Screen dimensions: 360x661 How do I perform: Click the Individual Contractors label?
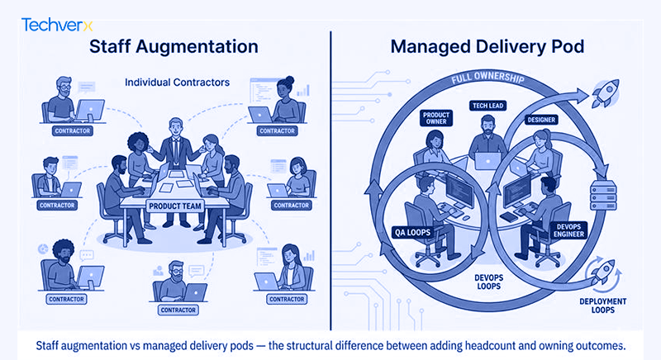click(177, 82)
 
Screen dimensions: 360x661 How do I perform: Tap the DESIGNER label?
click(541, 120)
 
